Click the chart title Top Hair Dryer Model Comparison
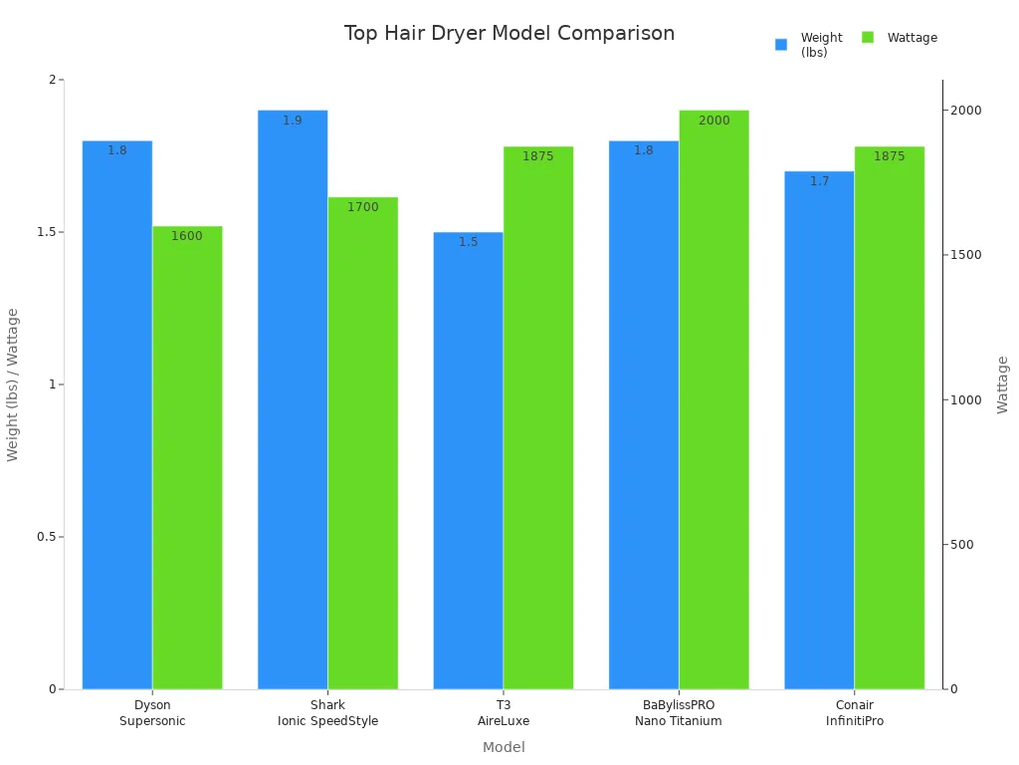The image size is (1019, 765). pyautogui.click(x=509, y=33)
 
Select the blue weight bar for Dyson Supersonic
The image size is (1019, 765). pyautogui.click(x=117, y=418)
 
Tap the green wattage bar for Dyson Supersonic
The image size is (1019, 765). pyautogui.click(x=187, y=458)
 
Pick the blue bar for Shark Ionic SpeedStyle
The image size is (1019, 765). pyautogui.click(x=293, y=398)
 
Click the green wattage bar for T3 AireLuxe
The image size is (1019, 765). pyautogui.click(x=538, y=418)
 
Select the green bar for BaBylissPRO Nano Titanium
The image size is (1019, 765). pyautogui.click(x=713, y=398)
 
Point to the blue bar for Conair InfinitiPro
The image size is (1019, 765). pyautogui.click(x=819, y=428)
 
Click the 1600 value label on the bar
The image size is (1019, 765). pyautogui.click(x=187, y=236)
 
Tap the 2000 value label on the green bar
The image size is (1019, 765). pyautogui.click(x=713, y=121)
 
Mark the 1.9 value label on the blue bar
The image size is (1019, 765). pyautogui.click(x=293, y=121)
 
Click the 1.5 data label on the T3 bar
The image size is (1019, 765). pyautogui.click(x=468, y=242)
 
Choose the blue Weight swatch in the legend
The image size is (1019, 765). pyautogui.click(x=781, y=44)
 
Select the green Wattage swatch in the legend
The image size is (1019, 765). pyautogui.click(x=868, y=38)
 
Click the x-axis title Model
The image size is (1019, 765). pyautogui.click(x=504, y=747)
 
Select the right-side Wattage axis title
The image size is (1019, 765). pyautogui.click(x=1002, y=384)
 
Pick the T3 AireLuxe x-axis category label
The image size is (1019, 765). pyautogui.click(x=504, y=713)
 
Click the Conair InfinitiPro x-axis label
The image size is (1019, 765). pyautogui.click(x=854, y=713)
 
